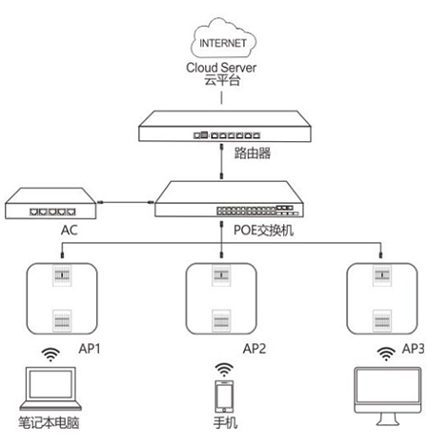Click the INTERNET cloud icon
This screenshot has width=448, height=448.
pos(223,38)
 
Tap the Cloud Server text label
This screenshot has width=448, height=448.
pos(221,68)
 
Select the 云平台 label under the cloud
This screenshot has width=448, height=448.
pos(222,80)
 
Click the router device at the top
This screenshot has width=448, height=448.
pos(225,126)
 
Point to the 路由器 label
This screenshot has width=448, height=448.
pos(253,153)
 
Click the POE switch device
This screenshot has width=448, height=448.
pos(229,199)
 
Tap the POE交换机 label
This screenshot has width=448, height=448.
pos(264,231)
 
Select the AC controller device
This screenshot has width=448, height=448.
pos(51,203)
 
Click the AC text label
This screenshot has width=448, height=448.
pos(70,230)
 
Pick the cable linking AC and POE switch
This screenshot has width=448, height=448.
pos(125,202)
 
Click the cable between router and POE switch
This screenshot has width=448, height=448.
pos(222,161)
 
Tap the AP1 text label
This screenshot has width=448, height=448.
pos(90,349)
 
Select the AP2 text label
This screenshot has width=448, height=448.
pos(255,349)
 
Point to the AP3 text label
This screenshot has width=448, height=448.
pos(413,349)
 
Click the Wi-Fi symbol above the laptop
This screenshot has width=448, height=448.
pos(51,355)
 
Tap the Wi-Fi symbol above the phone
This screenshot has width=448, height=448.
pos(224,370)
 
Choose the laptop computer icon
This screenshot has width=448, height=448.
pos(51,389)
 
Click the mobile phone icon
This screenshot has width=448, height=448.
pos(224,397)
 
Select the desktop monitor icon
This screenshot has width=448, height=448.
pos(388,397)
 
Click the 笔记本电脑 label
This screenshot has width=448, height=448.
pos(49,423)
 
